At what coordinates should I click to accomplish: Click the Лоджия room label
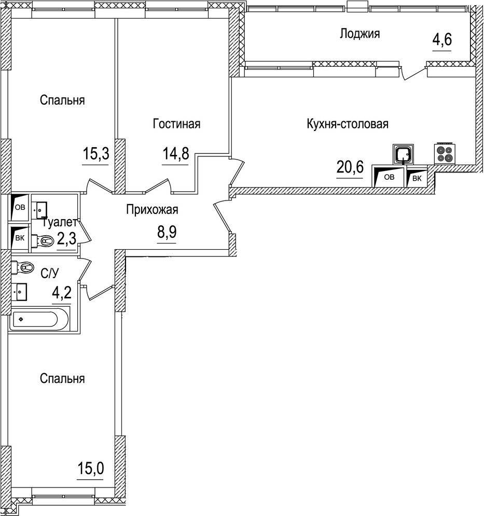[x=359, y=34]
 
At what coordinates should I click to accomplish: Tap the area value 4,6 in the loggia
[x=442, y=40]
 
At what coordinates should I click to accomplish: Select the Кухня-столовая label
[x=348, y=124]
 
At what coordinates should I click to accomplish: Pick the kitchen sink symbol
[x=403, y=154]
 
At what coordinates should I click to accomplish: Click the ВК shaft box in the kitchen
[x=417, y=178]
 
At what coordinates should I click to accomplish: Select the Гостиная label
[x=176, y=124]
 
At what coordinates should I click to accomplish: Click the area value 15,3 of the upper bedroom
[x=95, y=153]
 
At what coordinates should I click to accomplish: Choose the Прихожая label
[x=152, y=210]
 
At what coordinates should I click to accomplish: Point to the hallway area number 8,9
[x=167, y=233]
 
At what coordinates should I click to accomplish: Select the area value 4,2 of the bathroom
[x=61, y=293]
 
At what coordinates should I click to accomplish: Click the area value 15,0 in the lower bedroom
[x=91, y=469]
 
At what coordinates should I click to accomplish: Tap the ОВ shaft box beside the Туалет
[x=19, y=208]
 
